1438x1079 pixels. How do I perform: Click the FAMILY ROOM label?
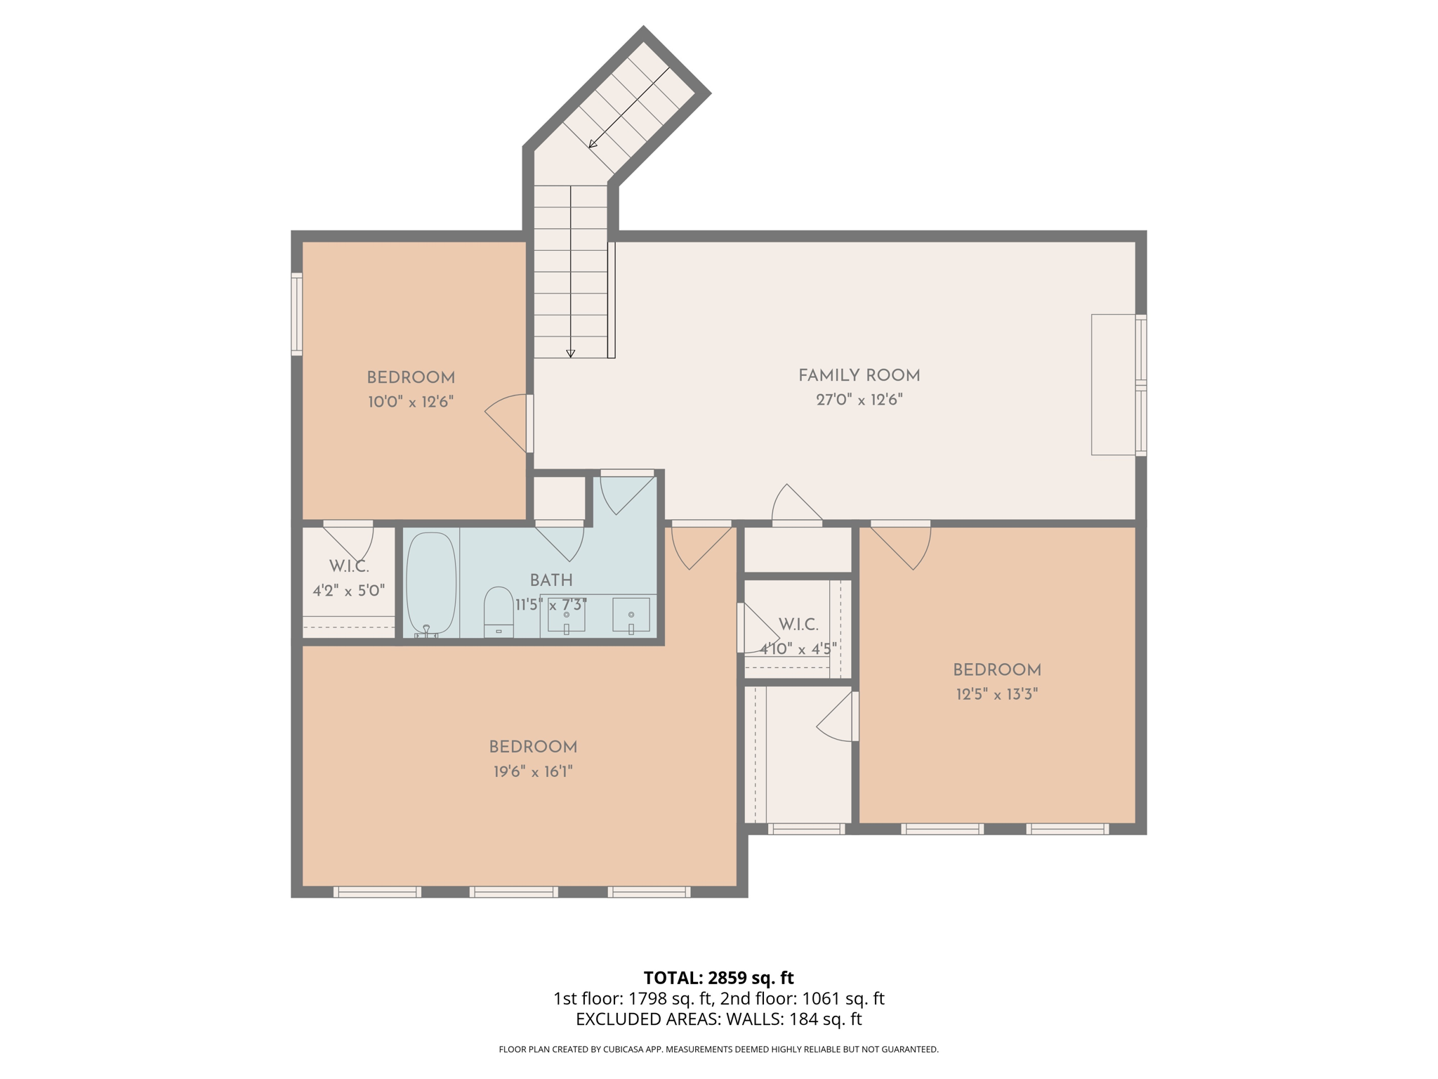859,376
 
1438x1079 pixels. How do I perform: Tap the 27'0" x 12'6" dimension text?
859,400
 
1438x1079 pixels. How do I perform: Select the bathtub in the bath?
431,583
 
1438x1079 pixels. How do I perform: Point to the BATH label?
551,581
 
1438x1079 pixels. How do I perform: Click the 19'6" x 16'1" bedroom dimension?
533,772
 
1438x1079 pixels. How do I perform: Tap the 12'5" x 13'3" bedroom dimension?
996,695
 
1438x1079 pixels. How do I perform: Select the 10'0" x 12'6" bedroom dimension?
411,403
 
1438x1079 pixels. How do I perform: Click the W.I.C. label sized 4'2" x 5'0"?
349,567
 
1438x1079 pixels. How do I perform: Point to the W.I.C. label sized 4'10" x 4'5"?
798,624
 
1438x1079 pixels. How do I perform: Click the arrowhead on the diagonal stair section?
593,144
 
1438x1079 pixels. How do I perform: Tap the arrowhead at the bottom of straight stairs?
571,354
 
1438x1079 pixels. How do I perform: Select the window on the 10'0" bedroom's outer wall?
297,314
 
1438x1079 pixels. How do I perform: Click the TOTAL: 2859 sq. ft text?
718,978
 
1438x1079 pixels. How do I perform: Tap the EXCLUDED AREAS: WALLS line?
718,1019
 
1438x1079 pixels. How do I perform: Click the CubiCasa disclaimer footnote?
718,1049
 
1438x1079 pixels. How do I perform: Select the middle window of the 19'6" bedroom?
513,892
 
